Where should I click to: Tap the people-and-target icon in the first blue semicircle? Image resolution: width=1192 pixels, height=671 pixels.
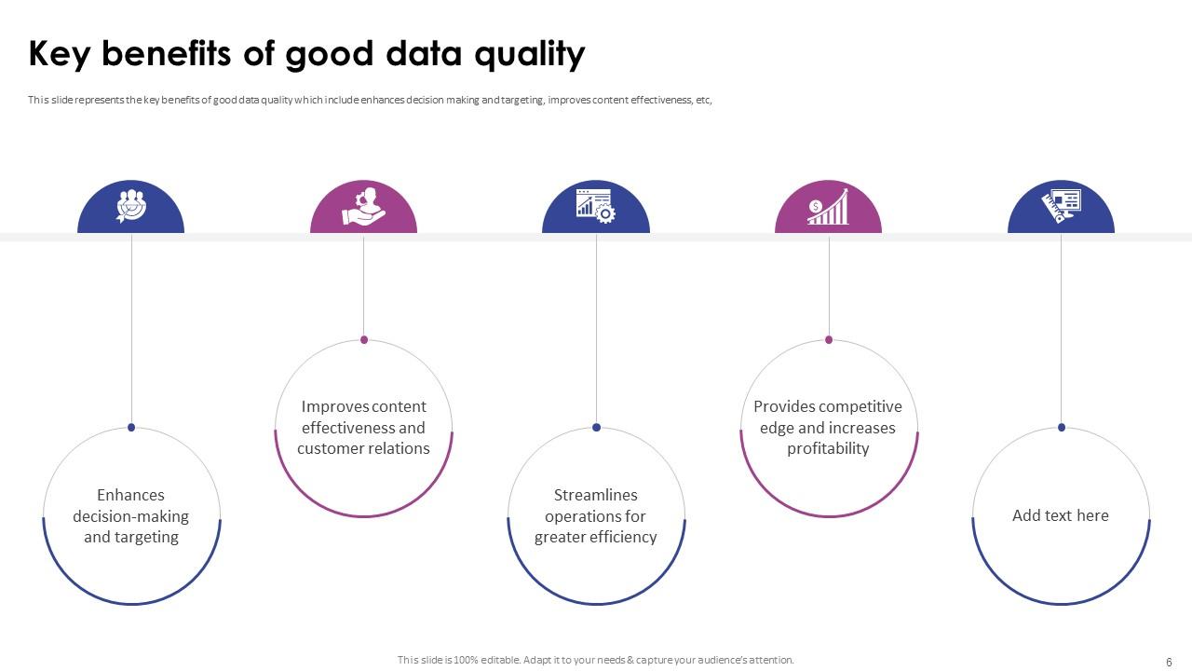tap(131, 206)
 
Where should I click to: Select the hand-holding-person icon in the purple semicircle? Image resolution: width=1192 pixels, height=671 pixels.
tap(363, 207)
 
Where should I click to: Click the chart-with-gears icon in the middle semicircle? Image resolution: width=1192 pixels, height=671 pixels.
tap(596, 206)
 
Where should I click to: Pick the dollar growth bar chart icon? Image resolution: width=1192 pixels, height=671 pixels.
tap(828, 207)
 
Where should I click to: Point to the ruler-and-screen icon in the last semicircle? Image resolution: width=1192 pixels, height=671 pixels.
tap(1061, 205)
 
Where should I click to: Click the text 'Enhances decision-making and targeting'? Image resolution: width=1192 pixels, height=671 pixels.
tap(131, 516)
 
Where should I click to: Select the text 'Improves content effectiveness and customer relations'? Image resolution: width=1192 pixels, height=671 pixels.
tap(363, 428)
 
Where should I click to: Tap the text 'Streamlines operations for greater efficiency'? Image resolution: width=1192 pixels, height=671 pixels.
tap(596, 516)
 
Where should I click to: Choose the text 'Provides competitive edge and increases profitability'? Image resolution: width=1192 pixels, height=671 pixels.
tap(828, 428)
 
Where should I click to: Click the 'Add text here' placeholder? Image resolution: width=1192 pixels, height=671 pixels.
tap(1061, 515)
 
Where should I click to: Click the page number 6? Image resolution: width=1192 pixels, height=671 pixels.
tap(1169, 662)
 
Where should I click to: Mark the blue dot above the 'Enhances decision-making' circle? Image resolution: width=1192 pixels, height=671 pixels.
tap(131, 428)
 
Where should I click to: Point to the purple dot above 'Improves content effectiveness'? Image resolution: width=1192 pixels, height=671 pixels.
tap(364, 339)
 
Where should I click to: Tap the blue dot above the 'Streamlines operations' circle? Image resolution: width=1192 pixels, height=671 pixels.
tap(596, 428)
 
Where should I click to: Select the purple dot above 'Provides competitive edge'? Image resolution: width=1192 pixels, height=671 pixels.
tap(829, 339)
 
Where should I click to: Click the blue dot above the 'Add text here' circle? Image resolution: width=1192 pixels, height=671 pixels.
tap(1062, 428)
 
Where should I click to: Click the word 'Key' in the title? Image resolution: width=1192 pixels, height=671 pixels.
tap(60, 55)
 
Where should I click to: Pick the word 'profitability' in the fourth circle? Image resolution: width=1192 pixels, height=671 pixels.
tap(828, 449)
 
